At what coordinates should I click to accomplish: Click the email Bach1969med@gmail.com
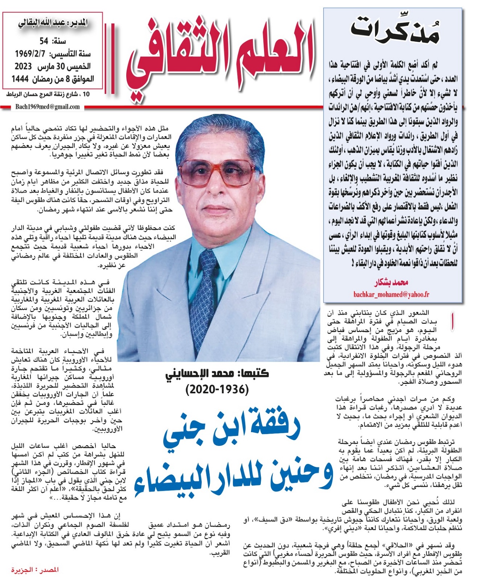point(47,107)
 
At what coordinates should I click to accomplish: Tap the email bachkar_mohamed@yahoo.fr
point(391,295)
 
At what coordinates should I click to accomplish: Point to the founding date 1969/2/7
point(30,54)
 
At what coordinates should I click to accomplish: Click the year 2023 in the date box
point(23,66)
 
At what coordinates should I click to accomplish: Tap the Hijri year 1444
point(20,79)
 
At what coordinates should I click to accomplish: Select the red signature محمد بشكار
point(391,282)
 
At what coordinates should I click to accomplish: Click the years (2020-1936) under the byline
point(217,390)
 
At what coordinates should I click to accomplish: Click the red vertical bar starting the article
point(452,322)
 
